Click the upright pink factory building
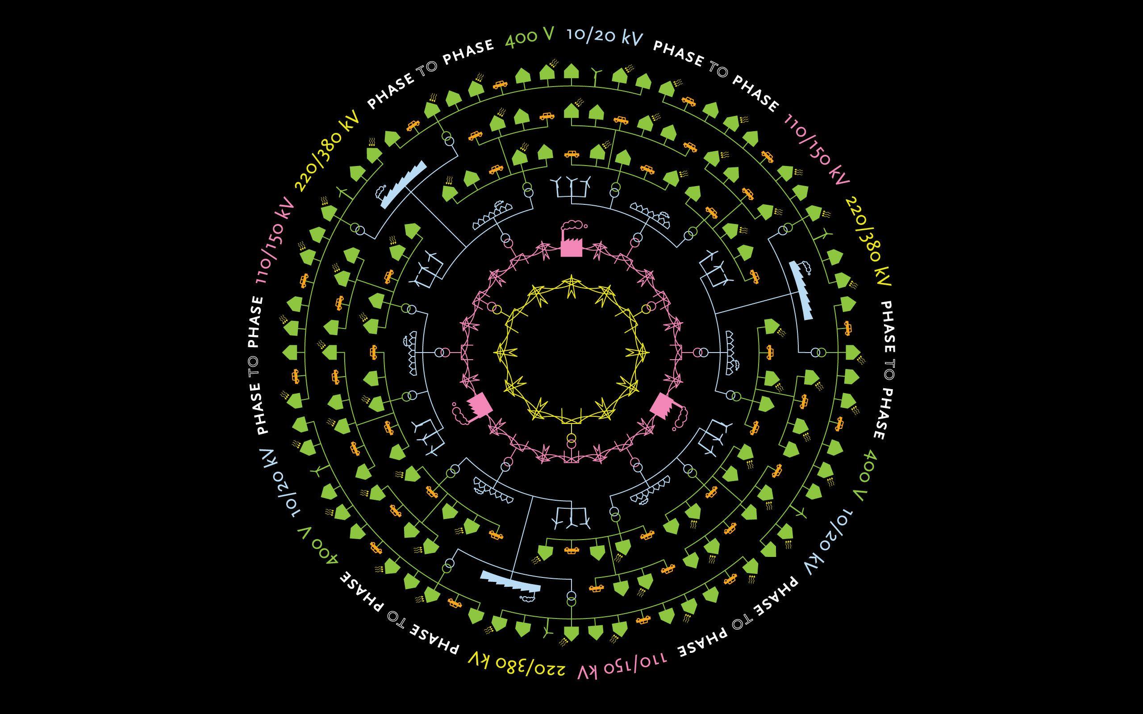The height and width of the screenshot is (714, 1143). point(571,246)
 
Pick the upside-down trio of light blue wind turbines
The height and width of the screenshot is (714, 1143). point(571,518)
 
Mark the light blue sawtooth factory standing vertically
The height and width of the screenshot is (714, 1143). point(801,289)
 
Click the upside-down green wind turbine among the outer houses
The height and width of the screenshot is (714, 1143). point(547,630)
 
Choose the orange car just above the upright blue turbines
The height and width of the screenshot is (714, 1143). point(571,154)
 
